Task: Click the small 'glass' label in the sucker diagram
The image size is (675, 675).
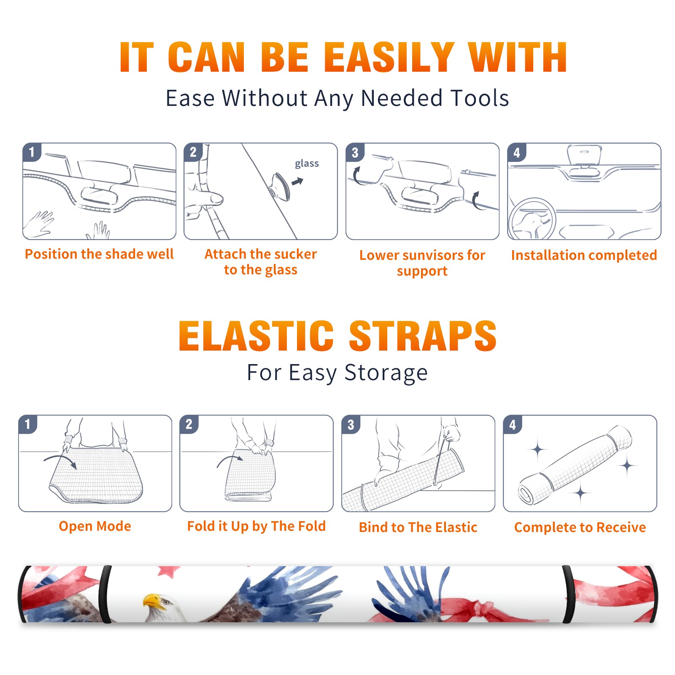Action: (x=307, y=164)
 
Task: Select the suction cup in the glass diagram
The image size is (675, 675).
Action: (x=280, y=186)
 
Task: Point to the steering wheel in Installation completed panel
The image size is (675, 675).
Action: (x=532, y=219)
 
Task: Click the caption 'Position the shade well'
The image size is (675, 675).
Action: (x=99, y=254)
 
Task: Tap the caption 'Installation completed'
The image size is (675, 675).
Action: (x=584, y=255)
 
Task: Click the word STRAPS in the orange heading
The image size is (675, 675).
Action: (x=423, y=336)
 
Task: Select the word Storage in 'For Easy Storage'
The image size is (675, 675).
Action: (x=386, y=373)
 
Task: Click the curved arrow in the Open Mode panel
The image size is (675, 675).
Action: (x=60, y=459)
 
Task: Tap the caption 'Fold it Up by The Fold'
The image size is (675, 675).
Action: (x=256, y=526)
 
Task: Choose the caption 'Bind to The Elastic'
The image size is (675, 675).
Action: (x=418, y=527)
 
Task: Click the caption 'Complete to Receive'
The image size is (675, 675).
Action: (x=580, y=527)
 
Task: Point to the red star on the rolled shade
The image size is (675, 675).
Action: (x=168, y=571)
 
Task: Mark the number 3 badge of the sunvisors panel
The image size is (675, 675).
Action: (x=355, y=152)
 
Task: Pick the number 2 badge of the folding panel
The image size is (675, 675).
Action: (x=189, y=424)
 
